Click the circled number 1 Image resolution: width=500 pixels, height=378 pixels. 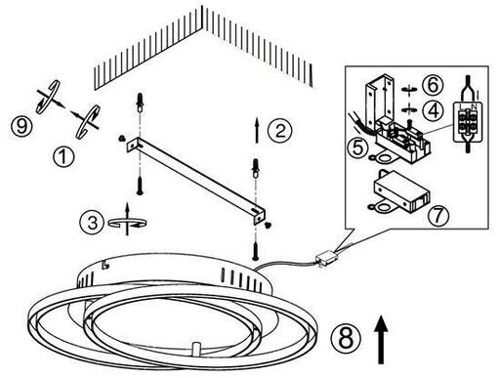(x=63, y=156)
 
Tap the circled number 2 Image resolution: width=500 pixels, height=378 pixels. (x=279, y=130)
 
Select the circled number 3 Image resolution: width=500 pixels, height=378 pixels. (x=92, y=223)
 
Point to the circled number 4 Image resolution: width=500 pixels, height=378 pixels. (x=433, y=110)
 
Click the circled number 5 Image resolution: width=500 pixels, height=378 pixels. (x=357, y=147)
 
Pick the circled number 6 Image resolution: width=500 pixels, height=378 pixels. (x=433, y=85)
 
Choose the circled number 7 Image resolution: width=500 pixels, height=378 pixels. (x=437, y=215)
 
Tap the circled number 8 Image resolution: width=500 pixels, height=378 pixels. (x=346, y=338)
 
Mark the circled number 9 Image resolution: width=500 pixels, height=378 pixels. (x=21, y=126)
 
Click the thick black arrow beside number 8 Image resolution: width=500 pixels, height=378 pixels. (x=381, y=339)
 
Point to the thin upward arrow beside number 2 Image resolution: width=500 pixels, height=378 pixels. (x=257, y=130)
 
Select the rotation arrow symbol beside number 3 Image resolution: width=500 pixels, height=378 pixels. (x=127, y=219)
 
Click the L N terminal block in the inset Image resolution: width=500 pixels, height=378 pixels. (x=468, y=121)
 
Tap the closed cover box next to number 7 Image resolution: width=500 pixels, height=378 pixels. (x=399, y=191)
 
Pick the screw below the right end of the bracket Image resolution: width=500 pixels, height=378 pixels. (x=256, y=251)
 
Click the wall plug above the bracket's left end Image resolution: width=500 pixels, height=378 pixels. (x=140, y=102)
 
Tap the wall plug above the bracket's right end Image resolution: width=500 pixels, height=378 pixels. (x=256, y=167)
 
